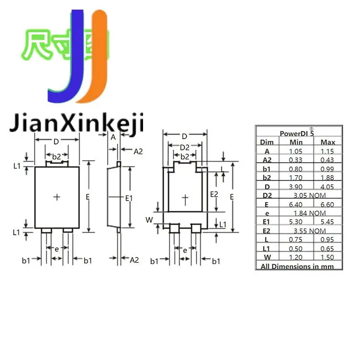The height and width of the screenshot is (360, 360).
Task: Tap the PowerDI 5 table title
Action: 297,133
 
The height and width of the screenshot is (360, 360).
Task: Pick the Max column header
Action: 328,142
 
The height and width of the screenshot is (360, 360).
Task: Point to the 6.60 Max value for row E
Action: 328,204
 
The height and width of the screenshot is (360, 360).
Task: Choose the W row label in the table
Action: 267,257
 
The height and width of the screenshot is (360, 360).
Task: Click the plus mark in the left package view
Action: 57,197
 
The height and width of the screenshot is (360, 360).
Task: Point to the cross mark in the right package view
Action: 186,198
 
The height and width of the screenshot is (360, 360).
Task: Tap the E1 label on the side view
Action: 128,197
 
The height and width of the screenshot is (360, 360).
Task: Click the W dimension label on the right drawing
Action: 149,220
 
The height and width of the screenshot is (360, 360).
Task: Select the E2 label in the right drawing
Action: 215,194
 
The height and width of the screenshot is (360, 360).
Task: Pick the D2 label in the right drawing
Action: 185,148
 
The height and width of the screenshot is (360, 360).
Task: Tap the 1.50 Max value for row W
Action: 328,257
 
